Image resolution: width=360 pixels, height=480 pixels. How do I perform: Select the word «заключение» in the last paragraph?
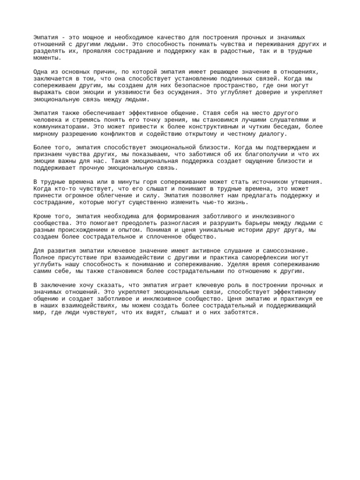[60, 285]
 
